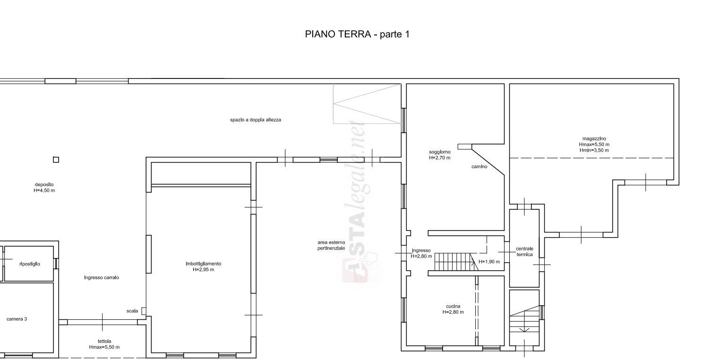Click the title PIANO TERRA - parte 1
pyautogui.click(x=357, y=34)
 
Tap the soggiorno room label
pyautogui.click(x=440, y=155)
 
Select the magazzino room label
pyautogui.click(x=594, y=145)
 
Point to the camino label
pyautogui.click(x=479, y=167)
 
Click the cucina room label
pyautogui.click(x=453, y=309)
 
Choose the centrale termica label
pyautogui.click(x=525, y=252)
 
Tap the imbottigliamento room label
pyautogui.click(x=204, y=266)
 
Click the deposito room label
pyautogui.click(x=44, y=188)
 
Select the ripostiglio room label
pyautogui.click(x=30, y=264)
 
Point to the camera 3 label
pyautogui.click(x=17, y=319)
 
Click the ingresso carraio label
pyautogui.click(x=102, y=278)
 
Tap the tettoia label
pyautogui.click(x=104, y=344)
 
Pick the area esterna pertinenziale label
pyautogui.click(x=331, y=245)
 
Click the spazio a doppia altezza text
pyautogui.click(x=256, y=120)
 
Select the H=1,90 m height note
pyautogui.click(x=489, y=262)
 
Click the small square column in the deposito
pyautogui.click(x=56, y=160)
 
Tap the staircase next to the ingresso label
pyautogui.click(x=456, y=262)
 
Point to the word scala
pyautogui.click(x=132, y=311)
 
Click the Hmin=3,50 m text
pyautogui.click(x=594, y=150)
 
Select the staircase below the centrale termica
pyautogui.click(x=524, y=319)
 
